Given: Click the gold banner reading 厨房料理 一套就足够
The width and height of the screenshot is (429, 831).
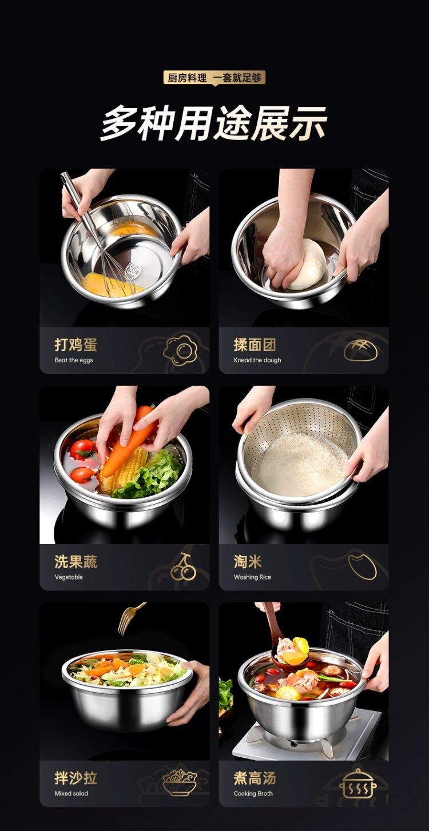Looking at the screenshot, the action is pyautogui.click(x=214, y=78).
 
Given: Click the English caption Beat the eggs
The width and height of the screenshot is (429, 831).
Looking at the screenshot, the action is pyautogui.click(x=74, y=360).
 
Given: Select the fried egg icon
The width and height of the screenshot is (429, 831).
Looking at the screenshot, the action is pyautogui.click(x=180, y=350).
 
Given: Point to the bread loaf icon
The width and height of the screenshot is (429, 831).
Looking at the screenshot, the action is pyautogui.click(x=360, y=350).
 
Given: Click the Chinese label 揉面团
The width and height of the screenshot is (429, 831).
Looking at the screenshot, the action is pyautogui.click(x=255, y=345).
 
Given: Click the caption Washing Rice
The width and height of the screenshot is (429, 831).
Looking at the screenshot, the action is pyautogui.click(x=252, y=577).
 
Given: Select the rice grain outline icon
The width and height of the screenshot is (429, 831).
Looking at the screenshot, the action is pyautogui.click(x=363, y=566).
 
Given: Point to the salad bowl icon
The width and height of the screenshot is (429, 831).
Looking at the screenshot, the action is pyautogui.click(x=180, y=782).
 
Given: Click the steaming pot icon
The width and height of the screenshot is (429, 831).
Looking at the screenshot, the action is pyautogui.click(x=357, y=783).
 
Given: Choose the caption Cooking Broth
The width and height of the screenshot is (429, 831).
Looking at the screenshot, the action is pyautogui.click(x=253, y=793).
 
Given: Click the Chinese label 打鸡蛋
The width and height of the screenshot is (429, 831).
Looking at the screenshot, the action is pyautogui.click(x=76, y=345).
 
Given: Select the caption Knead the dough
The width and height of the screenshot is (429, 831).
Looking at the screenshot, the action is pyautogui.click(x=257, y=360).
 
